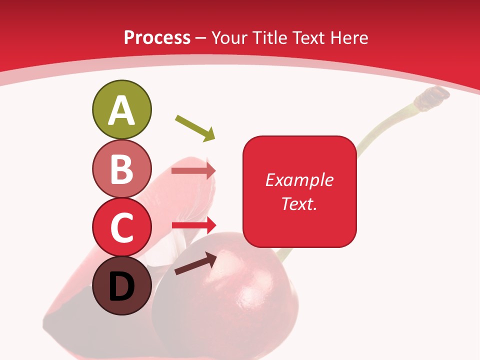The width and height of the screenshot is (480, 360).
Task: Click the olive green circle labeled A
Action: [121, 109]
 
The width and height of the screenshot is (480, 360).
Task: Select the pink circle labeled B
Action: [121, 168]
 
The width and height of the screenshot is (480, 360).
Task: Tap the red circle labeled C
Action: [121, 227]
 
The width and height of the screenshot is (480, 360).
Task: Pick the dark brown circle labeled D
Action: [121, 285]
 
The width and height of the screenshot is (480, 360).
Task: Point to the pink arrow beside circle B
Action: [193, 171]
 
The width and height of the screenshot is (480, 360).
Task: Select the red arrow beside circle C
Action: [193, 225]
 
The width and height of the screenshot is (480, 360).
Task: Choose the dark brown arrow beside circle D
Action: [195, 264]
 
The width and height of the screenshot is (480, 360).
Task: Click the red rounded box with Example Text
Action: [299, 191]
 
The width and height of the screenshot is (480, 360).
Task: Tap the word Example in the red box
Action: [299, 179]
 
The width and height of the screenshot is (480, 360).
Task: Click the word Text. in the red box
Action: [299, 203]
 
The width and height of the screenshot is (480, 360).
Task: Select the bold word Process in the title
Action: [157, 38]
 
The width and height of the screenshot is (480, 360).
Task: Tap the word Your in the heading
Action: [231, 37]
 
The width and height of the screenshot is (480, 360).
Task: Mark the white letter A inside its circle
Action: [121, 111]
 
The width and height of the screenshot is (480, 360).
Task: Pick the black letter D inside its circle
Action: [121, 287]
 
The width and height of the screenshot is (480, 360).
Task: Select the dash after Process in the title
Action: [201, 38]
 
